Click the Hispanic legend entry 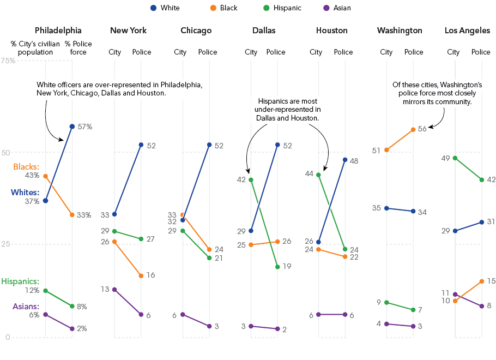tap(282, 8)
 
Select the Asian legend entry tap(337, 8)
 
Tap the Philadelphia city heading tap(58, 31)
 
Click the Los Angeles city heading tap(467, 31)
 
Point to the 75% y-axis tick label tap(8, 61)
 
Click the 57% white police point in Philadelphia tap(72, 127)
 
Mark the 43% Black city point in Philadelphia tap(46, 176)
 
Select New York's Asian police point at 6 tap(141, 314)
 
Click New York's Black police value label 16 tap(150, 275)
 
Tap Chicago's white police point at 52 tap(209, 145)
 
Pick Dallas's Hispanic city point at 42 tap(251, 180)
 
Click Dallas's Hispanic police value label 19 tap(287, 266)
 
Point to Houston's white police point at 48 tap(345, 160)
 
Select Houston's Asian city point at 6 tap(318, 314)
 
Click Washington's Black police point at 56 tap(413, 130)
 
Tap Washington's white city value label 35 tap(377, 208)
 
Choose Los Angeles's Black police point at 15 tap(482, 281)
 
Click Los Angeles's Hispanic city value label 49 tap(445, 158)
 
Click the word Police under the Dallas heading tap(276, 52)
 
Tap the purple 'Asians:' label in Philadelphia tap(26, 307)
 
